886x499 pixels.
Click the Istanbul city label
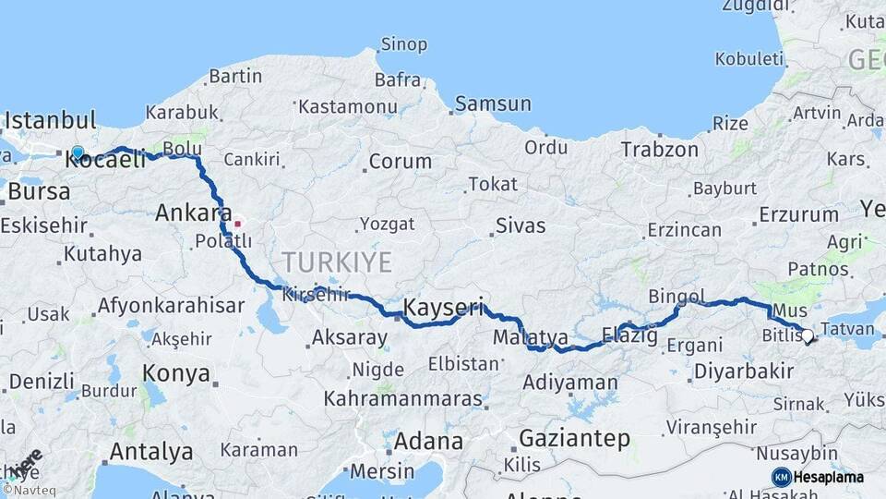click(x=51, y=121)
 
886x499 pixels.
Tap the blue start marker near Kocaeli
click(x=78, y=152)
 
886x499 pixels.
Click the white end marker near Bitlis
click(x=808, y=336)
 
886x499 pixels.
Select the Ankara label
click(x=193, y=213)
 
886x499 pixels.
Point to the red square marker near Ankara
click(x=238, y=223)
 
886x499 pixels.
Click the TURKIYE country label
click(x=337, y=262)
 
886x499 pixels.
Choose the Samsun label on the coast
click(x=493, y=103)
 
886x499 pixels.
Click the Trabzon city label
click(x=659, y=149)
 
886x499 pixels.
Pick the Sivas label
click(x=521, y=225)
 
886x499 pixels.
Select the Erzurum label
click(x=798, y=215)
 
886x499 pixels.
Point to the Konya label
click(x=175, y=374)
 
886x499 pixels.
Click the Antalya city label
click(x=151, y=452)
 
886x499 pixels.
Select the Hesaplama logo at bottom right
click(x=818, y=477)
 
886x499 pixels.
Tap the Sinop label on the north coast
click(x=403, y=44)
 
